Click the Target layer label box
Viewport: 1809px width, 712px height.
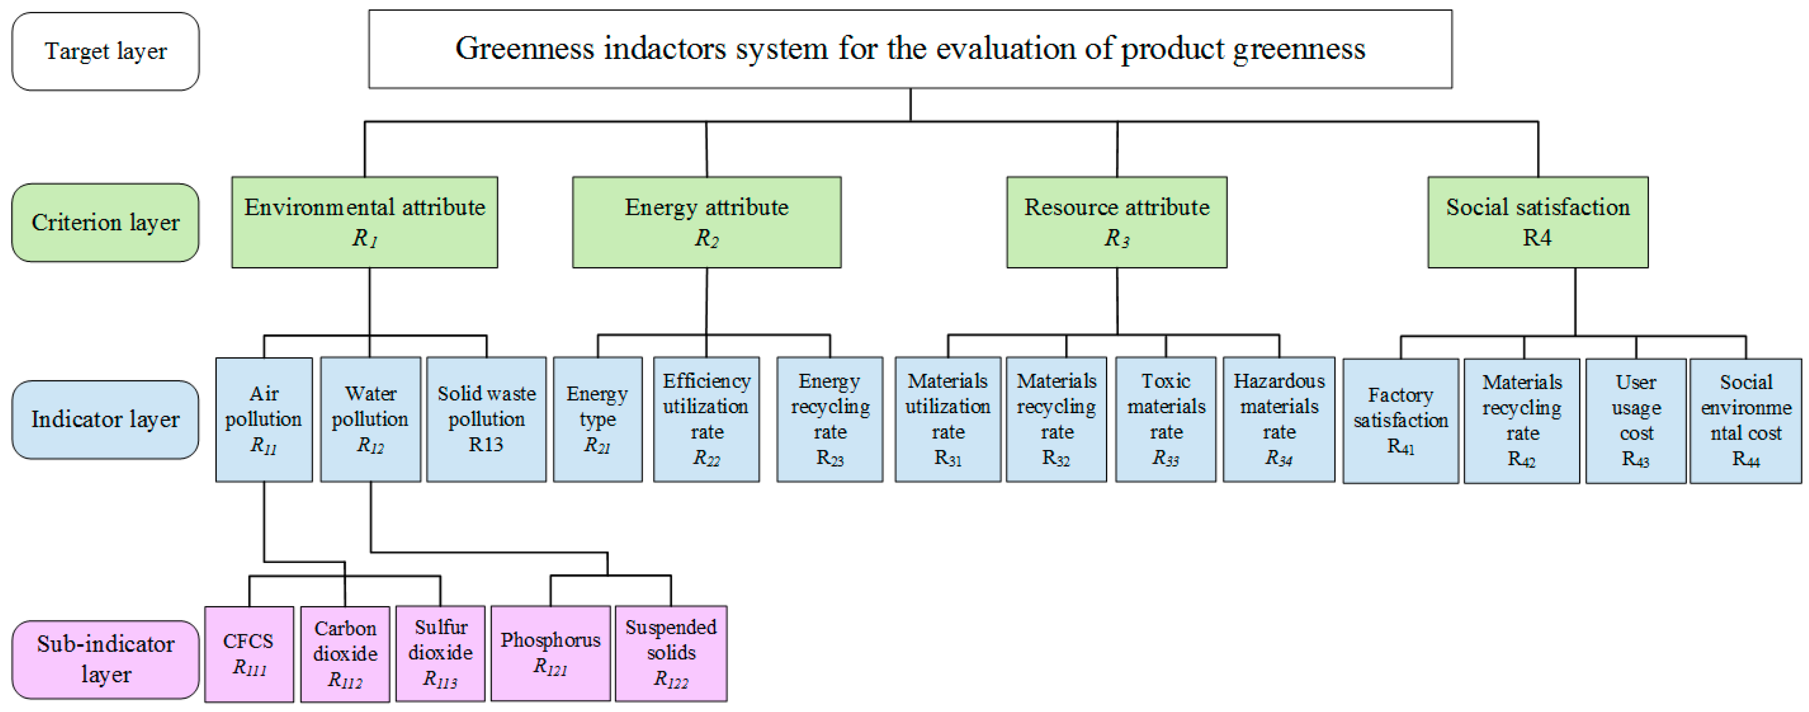[106, 51]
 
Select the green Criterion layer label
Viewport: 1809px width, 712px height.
[106, 222]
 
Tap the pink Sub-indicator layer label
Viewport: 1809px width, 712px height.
[106, 659]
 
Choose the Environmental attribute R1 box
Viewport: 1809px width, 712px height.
[364, 222]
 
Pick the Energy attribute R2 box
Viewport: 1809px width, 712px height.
[706, 222]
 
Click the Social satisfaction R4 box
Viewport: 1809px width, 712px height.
[1537, 222]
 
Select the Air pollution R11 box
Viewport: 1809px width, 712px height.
[263, 419]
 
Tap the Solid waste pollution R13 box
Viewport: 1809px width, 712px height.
[486, 419]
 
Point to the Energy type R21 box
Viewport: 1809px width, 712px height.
[597, 419]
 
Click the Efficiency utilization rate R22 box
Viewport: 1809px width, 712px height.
[706, 419]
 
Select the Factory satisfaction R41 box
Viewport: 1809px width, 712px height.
[1400, 421]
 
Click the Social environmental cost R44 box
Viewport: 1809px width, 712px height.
[1745, 421]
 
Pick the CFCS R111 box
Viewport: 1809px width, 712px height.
[249, 654]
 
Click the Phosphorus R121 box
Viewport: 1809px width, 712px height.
[550, 653]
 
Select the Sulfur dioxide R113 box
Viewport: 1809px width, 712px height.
[440, 653]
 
